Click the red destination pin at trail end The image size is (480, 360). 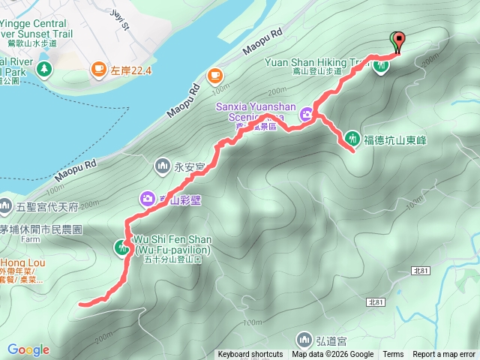pos(397,40)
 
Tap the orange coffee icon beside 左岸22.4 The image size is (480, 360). pos(98,70)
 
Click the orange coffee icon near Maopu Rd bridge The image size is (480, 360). pos(214,75)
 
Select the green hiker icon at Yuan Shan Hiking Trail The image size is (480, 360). pos(381,65)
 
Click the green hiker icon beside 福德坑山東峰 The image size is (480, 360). pos(352,138)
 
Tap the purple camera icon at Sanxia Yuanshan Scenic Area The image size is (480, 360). pos(307,114)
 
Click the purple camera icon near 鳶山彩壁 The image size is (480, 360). pos(148,198)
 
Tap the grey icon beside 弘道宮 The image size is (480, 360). pos(303,338)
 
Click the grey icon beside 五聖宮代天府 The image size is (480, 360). pos(4,204)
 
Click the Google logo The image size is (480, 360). pos(28,349)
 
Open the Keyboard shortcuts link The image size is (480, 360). pos(250,355)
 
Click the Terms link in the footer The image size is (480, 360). pos(393,355)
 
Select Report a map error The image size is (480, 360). pos(444,355)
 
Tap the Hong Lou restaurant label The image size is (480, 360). pos(18,263)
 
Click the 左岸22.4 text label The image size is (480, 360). pos(131,70)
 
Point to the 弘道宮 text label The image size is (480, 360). pos(331,339)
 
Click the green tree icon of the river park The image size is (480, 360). pos(43,70)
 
